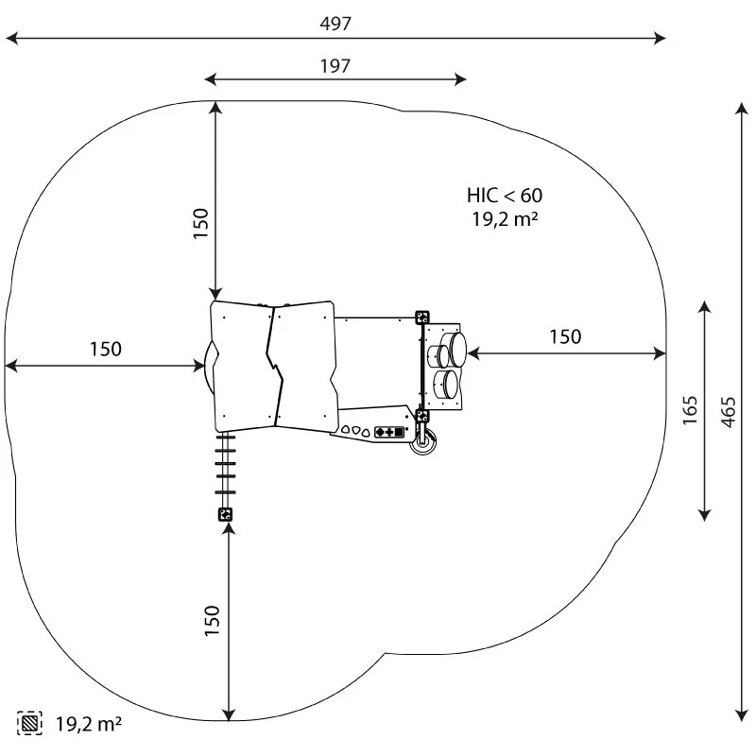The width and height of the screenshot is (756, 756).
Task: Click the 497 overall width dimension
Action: point(335,24)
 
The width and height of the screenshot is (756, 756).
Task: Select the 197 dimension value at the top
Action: point(335,65)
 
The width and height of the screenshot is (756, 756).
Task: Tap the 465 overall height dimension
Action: point(728,411)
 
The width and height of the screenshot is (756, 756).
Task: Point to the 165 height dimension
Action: point(690,410)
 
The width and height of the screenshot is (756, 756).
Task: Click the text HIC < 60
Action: point(505,196)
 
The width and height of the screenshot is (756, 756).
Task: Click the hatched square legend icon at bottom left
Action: point(29,725)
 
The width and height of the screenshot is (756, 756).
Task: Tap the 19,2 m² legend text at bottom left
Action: point(89,725)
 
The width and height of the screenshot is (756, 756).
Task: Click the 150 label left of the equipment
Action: point(105,349)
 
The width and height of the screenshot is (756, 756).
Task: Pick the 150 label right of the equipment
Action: point(565,336)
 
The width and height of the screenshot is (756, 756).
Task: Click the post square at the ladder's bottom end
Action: point(225,514)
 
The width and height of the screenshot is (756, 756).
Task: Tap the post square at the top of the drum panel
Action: point(422,318)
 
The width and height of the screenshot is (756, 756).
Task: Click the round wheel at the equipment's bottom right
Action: point(421,442)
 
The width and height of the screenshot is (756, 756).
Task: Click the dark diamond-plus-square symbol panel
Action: point(389,432)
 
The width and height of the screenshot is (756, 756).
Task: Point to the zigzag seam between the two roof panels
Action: point(275,364)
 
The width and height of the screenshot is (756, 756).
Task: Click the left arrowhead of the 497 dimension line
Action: point(11,39)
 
